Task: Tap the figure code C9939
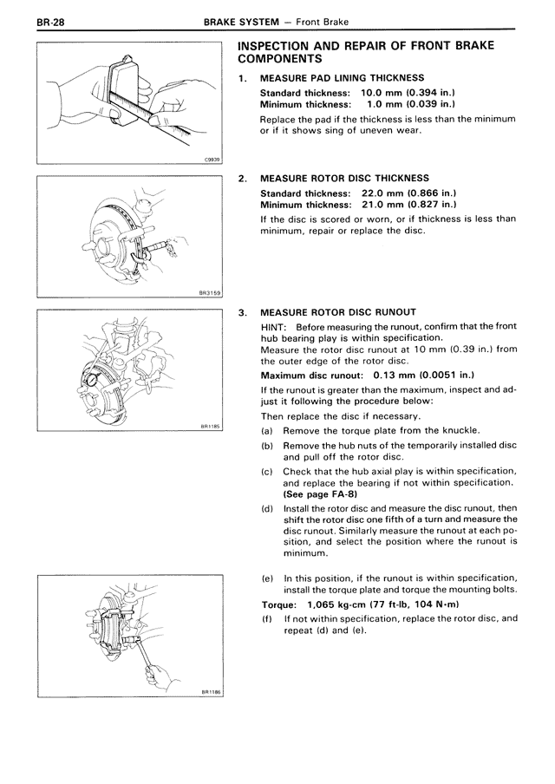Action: pos(212,160)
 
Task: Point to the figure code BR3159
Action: pos(209,294)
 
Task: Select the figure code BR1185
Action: pos(210,427)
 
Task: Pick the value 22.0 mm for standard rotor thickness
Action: pos(384,193)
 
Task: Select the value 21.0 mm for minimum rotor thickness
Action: pos(384,204)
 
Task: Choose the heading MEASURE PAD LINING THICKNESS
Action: pos(342,77)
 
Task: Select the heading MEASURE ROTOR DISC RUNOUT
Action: pos(338,312)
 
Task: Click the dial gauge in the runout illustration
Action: pos(88,378)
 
